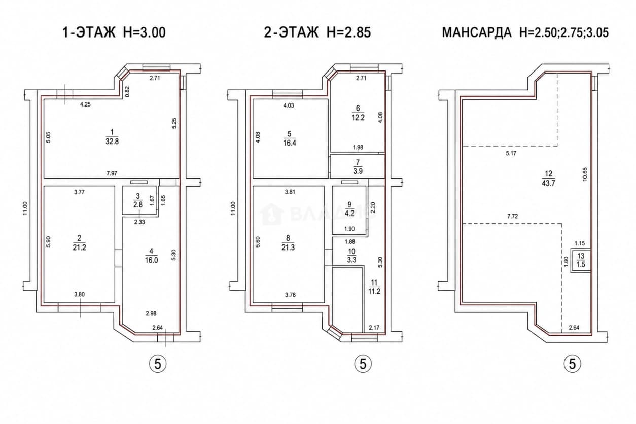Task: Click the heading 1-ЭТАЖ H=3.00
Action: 114,32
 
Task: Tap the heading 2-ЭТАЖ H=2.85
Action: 317,32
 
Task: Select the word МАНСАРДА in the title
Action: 477,32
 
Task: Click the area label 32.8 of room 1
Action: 112,141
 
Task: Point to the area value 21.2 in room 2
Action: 80,248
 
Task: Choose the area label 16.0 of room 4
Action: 151,260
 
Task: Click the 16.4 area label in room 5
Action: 290,143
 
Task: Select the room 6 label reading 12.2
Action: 358,117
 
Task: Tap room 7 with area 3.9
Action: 358,167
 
